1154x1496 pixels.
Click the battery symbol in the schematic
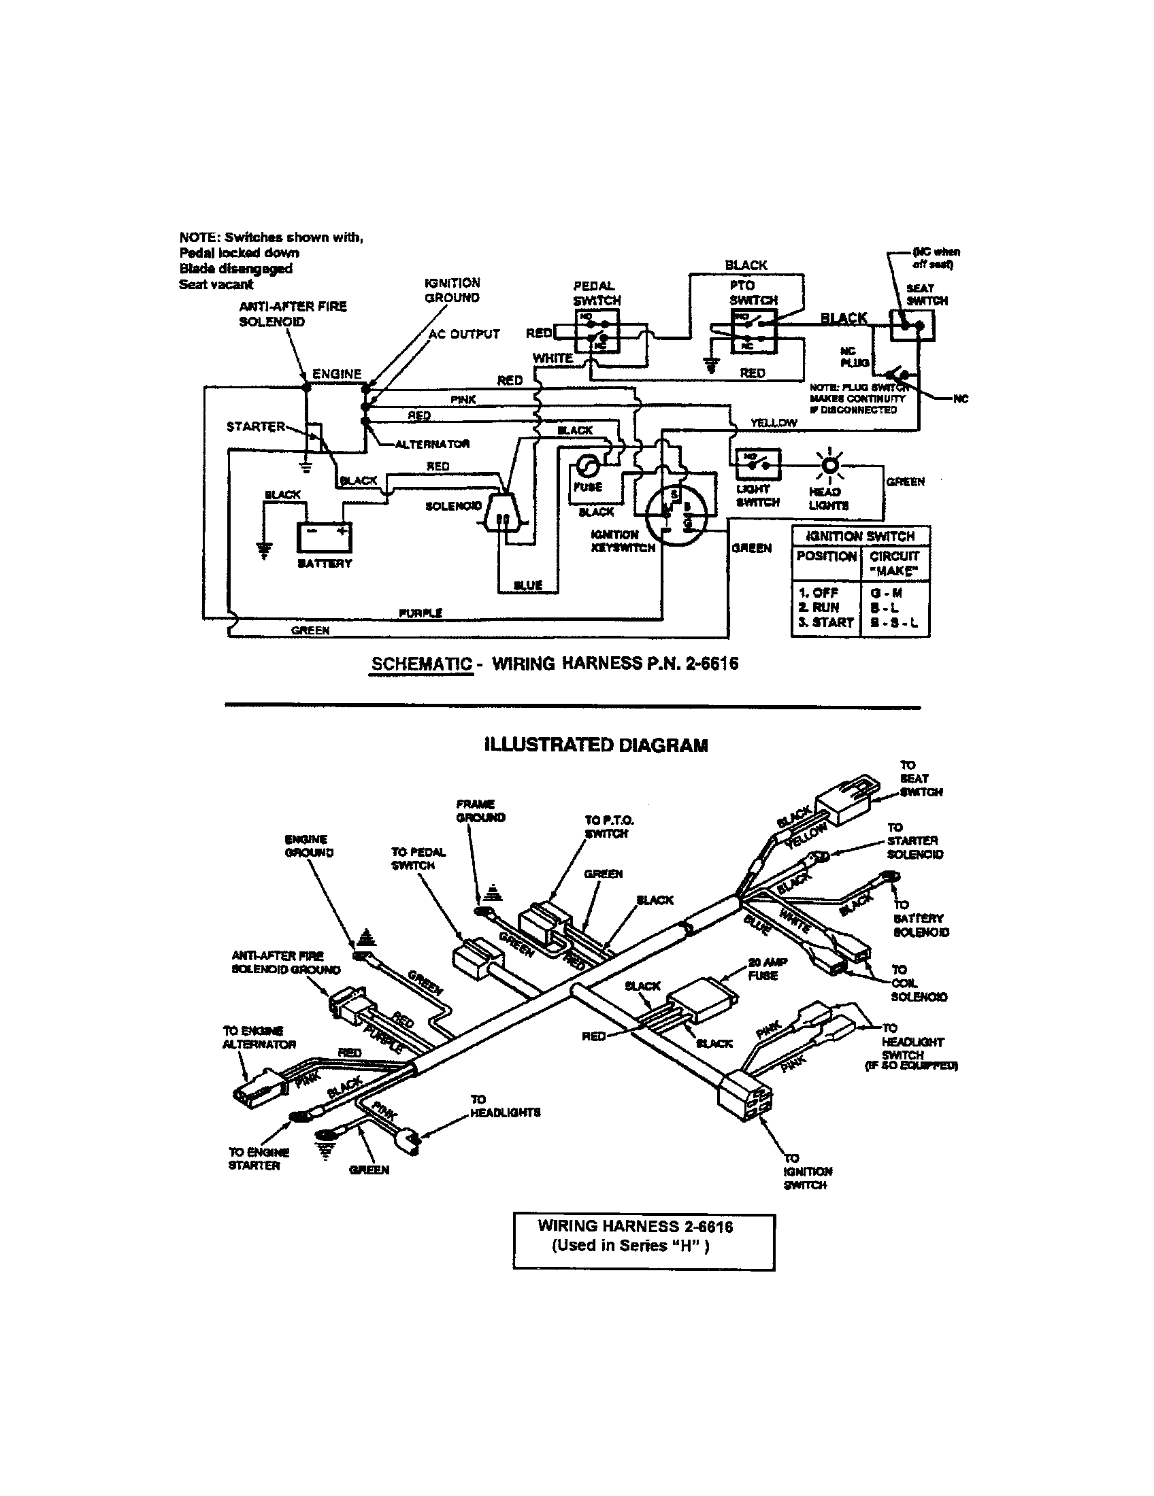tap(325, 538)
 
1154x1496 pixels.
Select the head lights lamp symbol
tap(830, 466)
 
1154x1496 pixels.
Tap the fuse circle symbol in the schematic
tap(588, 468)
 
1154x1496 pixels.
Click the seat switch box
tap(912, 325)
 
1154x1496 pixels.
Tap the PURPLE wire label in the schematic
tap(420, 613)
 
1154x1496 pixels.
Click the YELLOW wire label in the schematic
tap(773, 423)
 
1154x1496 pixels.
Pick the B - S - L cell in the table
tap(893, 622)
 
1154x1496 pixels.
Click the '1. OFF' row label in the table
tap(819, 592)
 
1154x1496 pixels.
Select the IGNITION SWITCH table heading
tap(861, 536)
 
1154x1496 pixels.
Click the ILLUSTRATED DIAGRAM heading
tap(595, 745)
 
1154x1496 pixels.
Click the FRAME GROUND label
tap(480, 811)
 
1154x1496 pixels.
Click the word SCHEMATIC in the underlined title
tap(421, 664)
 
